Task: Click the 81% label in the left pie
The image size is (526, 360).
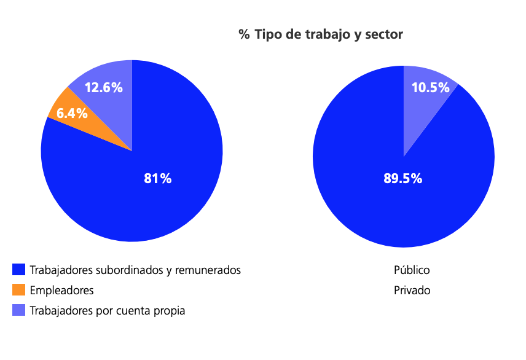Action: click(x=157, y=179)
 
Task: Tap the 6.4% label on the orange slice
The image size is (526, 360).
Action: click(x=72, y=113)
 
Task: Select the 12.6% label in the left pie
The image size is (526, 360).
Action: click(x=103, y=87)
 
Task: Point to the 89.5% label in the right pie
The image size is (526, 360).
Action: click(x=403, y=179)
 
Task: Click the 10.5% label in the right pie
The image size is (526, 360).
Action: click(x=430, y=87)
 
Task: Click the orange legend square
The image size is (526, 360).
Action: click(x=19, y=290)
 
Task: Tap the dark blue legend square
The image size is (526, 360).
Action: click(x=19, y=270)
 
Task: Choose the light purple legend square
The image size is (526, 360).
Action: click(x=19, y=310)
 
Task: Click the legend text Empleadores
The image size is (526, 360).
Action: click(x=61, y=290)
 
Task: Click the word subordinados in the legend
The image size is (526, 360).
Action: click(x=128, y=270)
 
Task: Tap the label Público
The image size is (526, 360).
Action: click(x=412, y=270)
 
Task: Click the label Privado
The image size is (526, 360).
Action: click(x=412, y=290)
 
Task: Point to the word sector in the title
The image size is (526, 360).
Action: click(x=383, y=34)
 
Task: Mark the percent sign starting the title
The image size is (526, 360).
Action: click(x=244, y=34)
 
